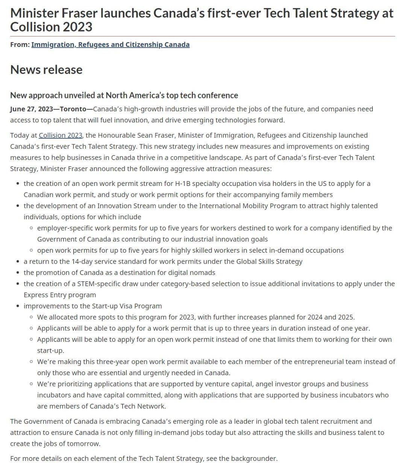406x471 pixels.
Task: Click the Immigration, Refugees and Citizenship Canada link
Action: pos(110,45)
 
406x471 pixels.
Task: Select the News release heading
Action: pos(46,70)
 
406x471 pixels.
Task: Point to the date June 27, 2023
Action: pos(32,109)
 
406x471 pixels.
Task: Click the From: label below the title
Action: pos(20,45)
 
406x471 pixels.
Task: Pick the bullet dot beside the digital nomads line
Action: pos(18,273)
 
